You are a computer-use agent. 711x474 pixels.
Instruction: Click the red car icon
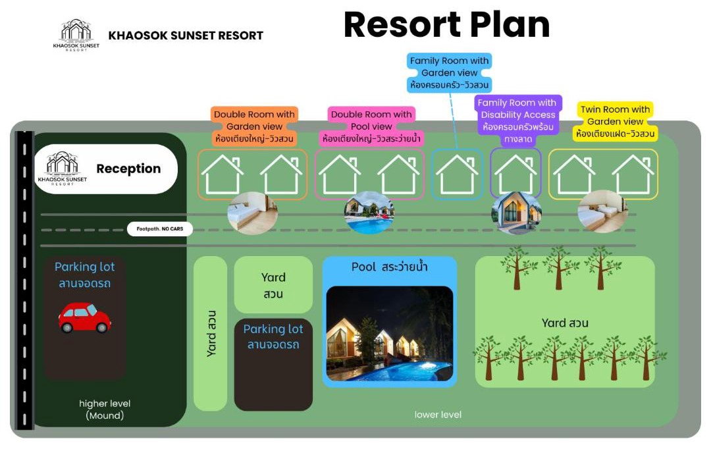point(84,318)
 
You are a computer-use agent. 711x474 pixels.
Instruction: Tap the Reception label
point(128,169)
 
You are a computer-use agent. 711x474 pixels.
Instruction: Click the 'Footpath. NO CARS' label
point(160,229)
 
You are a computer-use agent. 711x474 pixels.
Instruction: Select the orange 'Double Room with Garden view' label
point(254,126)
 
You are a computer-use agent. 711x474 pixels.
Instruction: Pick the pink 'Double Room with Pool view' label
point(371,126)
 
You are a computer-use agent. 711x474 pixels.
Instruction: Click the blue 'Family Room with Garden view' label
point(450,73)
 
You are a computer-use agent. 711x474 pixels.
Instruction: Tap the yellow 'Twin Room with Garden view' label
point(616,122)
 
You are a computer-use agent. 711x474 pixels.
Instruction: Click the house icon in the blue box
point(457,174)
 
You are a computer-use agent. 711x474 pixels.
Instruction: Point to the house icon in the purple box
point(515,174)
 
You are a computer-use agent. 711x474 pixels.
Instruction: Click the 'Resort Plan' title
point(446,25)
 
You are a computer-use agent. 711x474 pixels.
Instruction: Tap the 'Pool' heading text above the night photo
point(389,267)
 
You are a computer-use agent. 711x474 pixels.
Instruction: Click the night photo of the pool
point(390,333)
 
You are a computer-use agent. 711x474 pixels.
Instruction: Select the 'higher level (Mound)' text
point(105,409)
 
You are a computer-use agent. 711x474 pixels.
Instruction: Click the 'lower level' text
point(438,415)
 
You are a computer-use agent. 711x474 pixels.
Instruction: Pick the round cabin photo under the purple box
point(517,212)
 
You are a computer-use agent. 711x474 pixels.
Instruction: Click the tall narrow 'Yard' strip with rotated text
point(210,333)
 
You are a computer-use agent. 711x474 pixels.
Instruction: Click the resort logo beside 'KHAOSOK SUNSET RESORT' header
point(76,35)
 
